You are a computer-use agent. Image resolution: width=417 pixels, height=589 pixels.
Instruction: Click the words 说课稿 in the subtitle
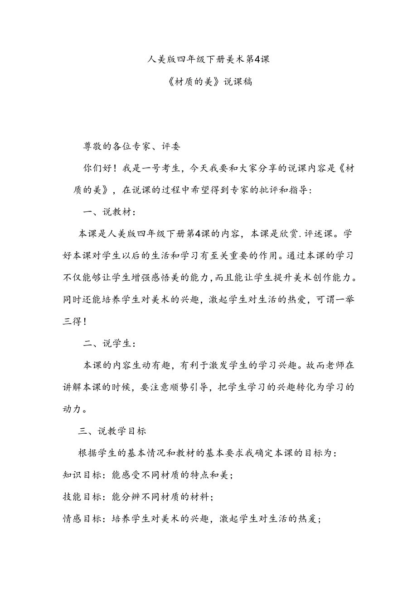pyautogui.click(x=237, y=82)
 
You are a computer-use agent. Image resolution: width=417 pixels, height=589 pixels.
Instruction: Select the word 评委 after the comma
pyautogui.click(x=170, y=146)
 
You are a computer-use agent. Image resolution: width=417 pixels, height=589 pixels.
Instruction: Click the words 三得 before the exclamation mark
pyautogui.click(x=72, y=322)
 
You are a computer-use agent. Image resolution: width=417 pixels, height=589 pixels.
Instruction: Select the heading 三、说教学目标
pyautogui.click(x=112, y=431)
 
